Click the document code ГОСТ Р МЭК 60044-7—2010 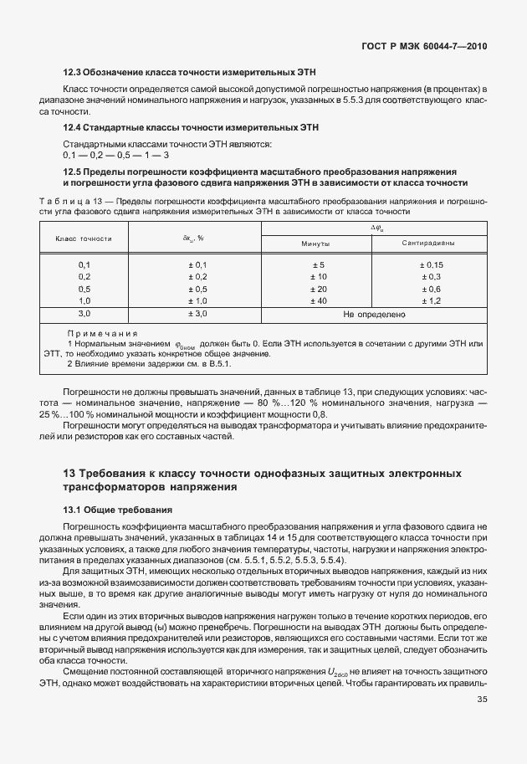(424, 45)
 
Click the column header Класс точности (84, 238)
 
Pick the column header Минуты (315, 244)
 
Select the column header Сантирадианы (428, 244)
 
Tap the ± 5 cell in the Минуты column (318, 265)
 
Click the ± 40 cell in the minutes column (318, 300)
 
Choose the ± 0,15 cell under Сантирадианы (430, 265)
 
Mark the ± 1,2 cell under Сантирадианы (430, 300)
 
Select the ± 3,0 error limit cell (197, 314)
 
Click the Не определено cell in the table (374, 315)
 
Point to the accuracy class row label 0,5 (84, 289)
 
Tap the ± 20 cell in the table (318, 289)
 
